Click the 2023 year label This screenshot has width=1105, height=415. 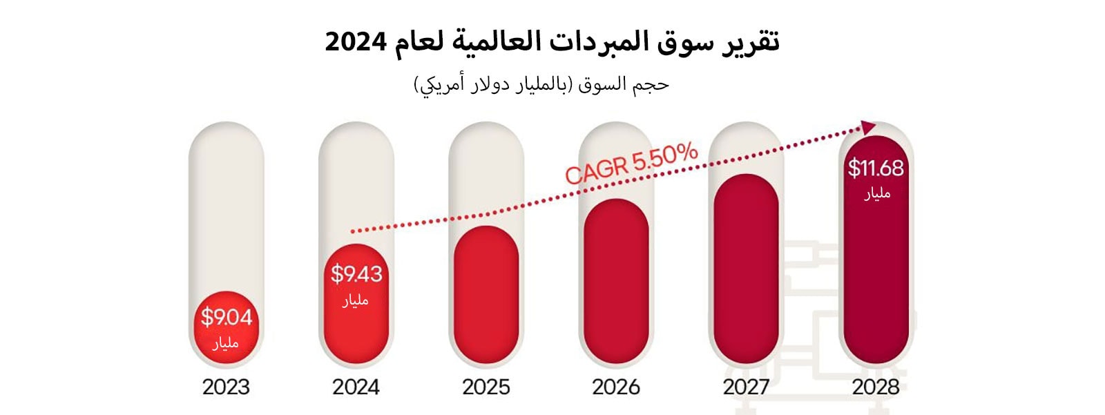226,387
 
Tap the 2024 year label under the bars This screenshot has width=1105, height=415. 356,387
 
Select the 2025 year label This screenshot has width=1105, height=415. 486,387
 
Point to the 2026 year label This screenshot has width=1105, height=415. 616,387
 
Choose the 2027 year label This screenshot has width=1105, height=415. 746,387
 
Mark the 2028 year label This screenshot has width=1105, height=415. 876,387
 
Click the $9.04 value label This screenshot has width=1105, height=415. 227,318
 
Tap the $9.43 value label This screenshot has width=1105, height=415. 356,274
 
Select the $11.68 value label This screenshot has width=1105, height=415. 876,168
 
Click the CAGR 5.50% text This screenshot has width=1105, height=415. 631,164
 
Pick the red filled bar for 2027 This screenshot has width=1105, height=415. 746,269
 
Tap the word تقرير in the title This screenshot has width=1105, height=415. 751,41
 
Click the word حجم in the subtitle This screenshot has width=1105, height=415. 653,84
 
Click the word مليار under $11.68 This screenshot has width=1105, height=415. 877,194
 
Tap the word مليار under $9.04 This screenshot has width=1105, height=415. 226,342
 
